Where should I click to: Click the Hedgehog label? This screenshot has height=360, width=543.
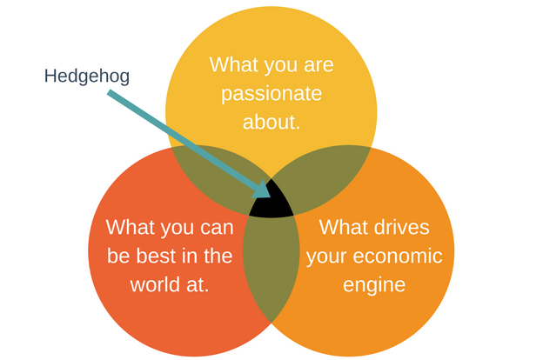87,77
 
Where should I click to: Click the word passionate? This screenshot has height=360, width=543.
271,93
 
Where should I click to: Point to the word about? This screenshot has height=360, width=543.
271,121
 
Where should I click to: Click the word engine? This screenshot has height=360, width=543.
375,284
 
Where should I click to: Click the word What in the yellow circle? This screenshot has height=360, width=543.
235,65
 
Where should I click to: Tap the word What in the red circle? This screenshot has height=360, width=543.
131,227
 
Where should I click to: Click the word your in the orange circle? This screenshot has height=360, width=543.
327,257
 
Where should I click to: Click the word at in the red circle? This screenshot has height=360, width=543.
199,284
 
